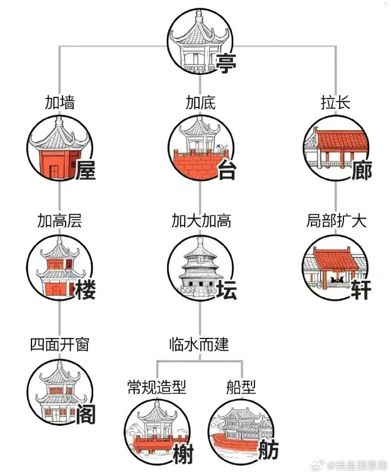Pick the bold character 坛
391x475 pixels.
226,290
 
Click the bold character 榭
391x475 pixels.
183,455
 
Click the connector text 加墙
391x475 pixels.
60,102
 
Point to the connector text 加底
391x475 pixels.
200,102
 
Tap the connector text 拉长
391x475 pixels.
336,102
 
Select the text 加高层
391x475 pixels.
59,221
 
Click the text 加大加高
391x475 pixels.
201,221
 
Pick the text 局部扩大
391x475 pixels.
336,221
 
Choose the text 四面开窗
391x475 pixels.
59,344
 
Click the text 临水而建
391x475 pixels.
200,344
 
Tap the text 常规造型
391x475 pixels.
157,388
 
